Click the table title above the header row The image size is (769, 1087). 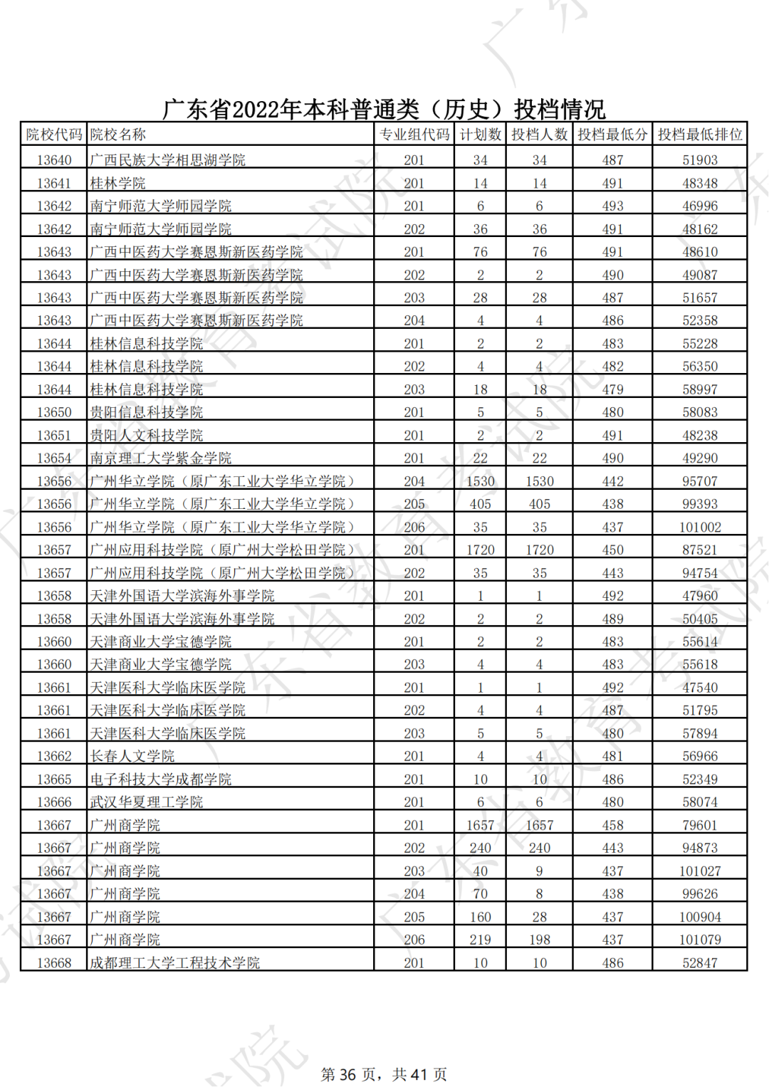pos(384,109)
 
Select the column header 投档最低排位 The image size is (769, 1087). pos(699,135)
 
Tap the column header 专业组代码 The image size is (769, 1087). pos(414,135)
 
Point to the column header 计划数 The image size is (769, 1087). pos(480,135)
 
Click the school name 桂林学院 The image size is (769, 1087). pos(117,184)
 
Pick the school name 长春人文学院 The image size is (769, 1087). pos(132,756)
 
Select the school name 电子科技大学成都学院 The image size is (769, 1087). pos(160,779)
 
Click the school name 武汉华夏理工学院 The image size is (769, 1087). pos(146,802)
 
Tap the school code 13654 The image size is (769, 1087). pos(54,458)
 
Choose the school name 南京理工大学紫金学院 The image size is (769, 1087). pos(160,458)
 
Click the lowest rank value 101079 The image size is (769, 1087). pos(700,940)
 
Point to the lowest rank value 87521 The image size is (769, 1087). pos(700,550)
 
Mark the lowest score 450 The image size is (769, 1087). pos(612,550)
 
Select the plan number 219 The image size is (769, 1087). pos(480,940)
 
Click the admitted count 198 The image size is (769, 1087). pos(539,940)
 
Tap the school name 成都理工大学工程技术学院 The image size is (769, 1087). pos(174,963)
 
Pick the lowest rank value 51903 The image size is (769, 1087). pos(700,160)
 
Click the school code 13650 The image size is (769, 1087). pos(54,412)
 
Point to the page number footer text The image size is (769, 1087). pos(384,1074)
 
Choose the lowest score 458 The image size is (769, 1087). pos(612,826)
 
